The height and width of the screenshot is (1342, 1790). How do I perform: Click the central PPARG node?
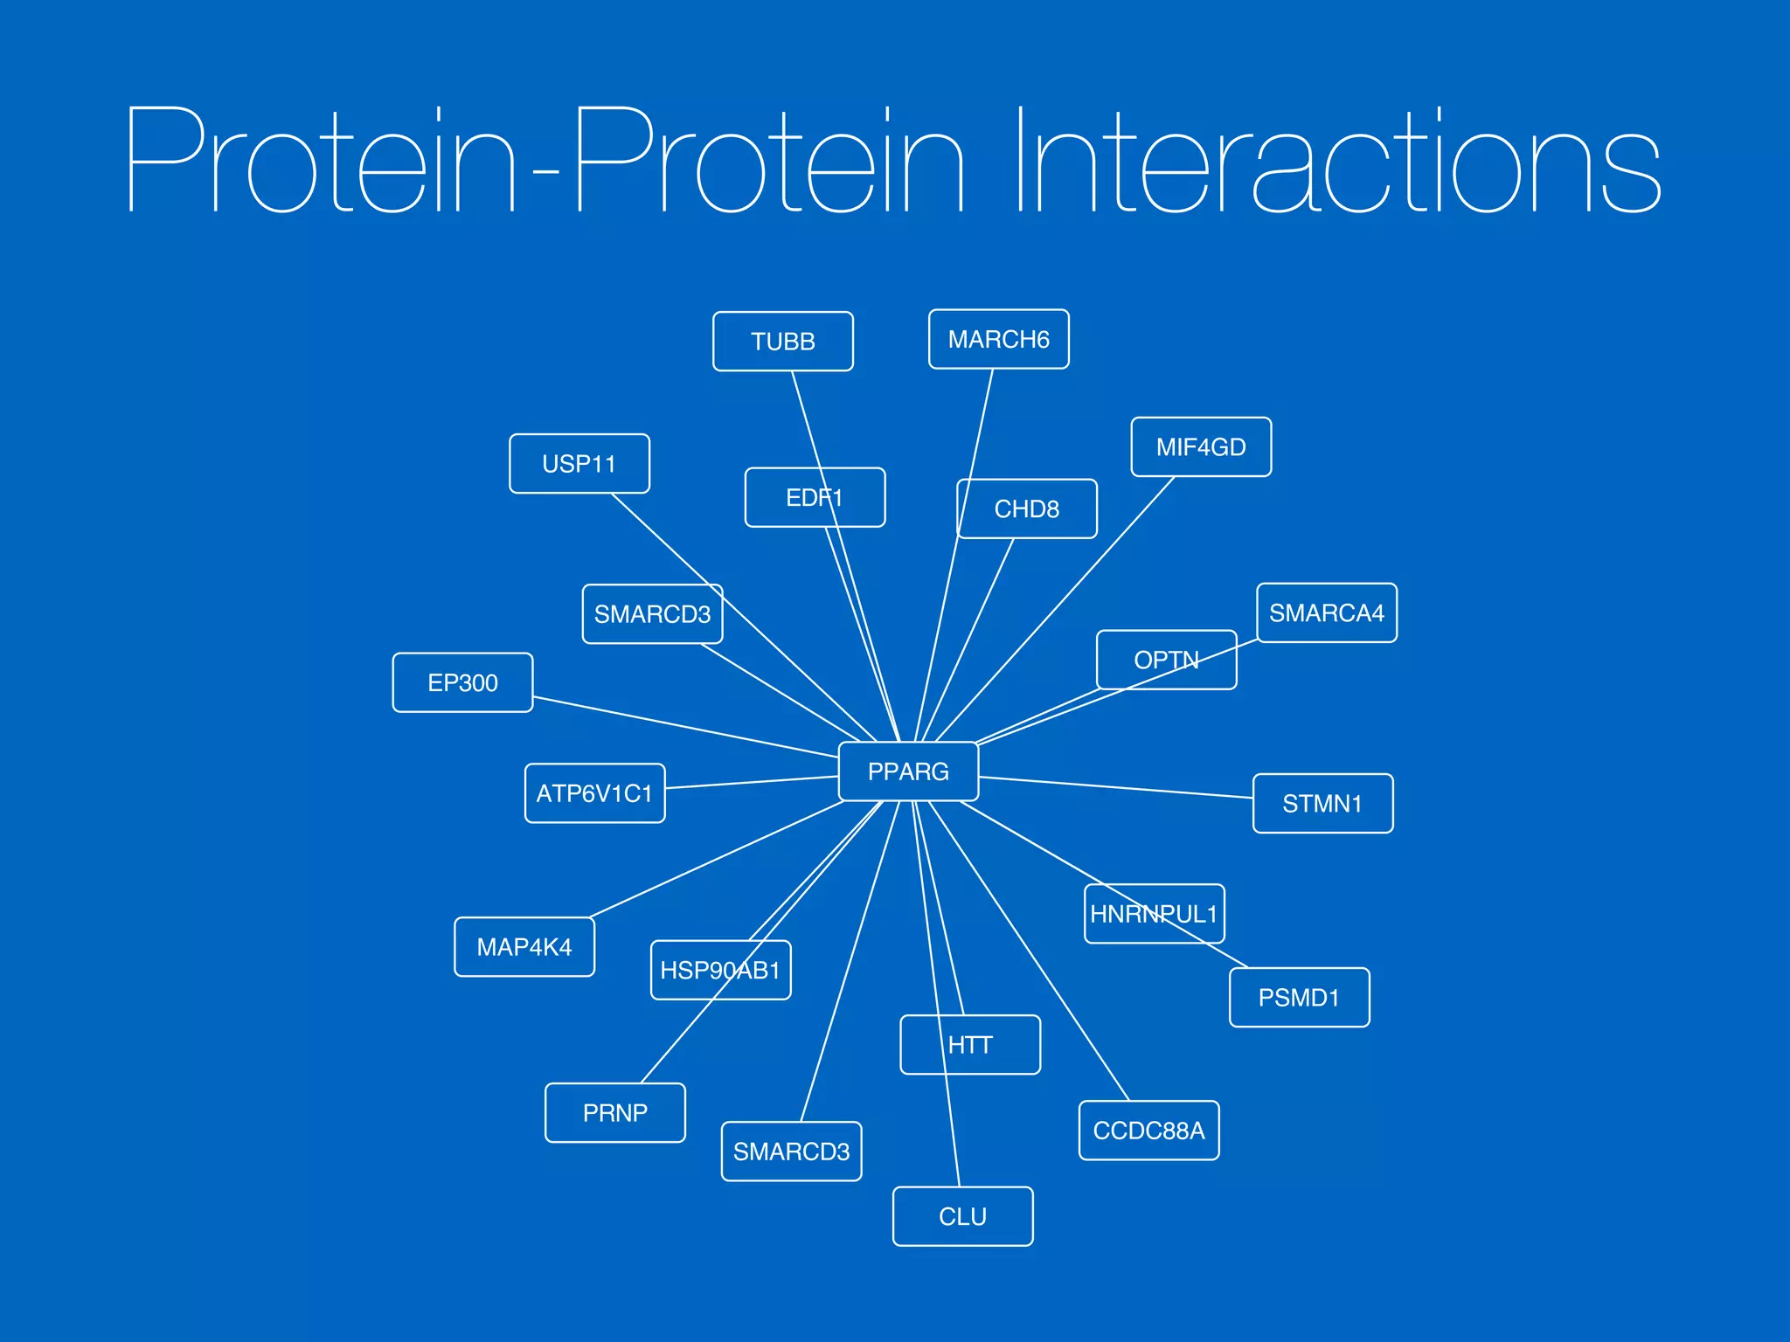(908, 771)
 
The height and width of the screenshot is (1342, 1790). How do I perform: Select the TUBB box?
(782, 342)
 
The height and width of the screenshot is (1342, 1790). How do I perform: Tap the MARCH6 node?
(998, 339)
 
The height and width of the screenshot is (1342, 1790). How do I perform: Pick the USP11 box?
(579, 464)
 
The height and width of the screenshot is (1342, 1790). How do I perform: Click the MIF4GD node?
(1201, 447)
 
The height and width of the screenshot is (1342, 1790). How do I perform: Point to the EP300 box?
(462, 682)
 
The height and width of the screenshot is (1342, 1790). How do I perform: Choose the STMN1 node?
(1322, 804)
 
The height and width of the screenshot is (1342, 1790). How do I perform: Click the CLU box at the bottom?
(962, 1216)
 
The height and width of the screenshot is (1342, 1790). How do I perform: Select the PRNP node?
(614, 1113)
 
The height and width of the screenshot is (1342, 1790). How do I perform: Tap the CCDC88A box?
(1148, 1131)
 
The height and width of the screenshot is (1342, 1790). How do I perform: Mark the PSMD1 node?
(1299, 998)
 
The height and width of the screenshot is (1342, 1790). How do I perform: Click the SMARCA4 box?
(1326, 613)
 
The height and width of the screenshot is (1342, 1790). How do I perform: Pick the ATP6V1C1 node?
(594, 793)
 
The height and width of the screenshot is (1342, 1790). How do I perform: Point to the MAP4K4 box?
(524, 947)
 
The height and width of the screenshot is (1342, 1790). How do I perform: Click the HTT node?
(970, 1045)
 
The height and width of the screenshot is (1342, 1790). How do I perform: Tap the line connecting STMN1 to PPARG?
(1116, 787)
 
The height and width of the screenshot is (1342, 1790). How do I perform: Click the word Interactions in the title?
(1337, 162)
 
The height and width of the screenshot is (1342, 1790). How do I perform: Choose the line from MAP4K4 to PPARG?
(717, 859)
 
